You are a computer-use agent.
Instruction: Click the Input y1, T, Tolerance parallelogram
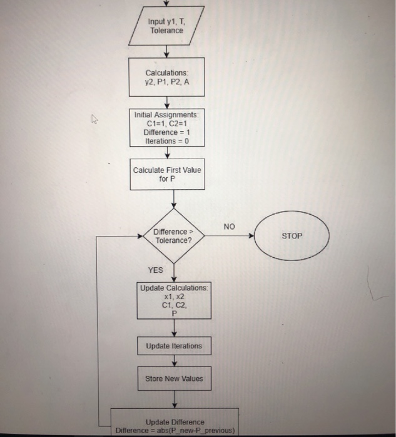click(166, 26)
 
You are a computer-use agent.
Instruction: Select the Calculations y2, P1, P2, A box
click(166, 77)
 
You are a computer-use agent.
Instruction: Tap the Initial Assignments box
click(166, 128)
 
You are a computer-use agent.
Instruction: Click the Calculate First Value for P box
click(166, 174)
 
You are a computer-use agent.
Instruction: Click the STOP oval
click(292, 237)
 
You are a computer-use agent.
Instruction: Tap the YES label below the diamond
click(155, 270)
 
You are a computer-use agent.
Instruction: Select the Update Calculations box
click(174, 301)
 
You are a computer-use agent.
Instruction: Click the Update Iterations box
click(174, 346)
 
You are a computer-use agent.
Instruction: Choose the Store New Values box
click(174, 378)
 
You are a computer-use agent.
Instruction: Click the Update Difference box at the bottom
click(175, 425)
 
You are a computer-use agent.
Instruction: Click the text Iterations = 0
click(166, 141)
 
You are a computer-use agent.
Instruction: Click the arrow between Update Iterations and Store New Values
click(174, 362)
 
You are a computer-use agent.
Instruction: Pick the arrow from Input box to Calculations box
click(166, 52)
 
